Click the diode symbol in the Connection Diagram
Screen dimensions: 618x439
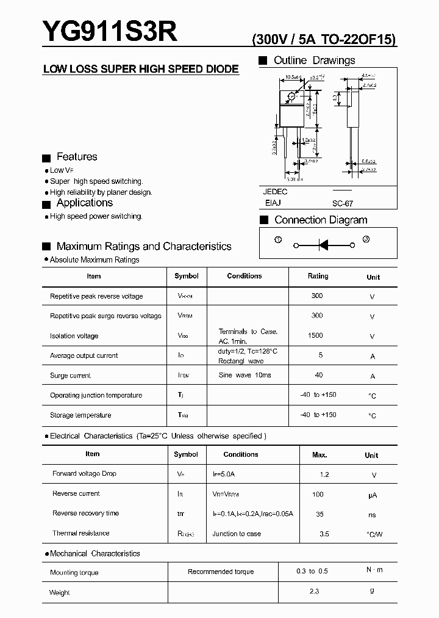click(x=324, y=245)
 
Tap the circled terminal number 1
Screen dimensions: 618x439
click(x=278, y=240)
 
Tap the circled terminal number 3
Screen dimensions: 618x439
click(x=366, y=239)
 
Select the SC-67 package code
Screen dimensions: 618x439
click(x=343, y=203)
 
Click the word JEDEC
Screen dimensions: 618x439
click(x=275, y=191)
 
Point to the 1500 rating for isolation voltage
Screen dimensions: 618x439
click(x=316, y=335)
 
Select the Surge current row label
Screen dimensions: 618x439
click(x=70, y=376)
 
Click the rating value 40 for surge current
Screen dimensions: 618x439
click(x=318, y=375)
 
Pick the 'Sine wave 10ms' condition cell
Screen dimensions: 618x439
click(x=244, y=375)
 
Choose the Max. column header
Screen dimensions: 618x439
click(x=319, y=454)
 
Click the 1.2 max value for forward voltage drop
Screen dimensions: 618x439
click(x=324, y=474)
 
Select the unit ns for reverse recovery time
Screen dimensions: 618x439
click(x=372, y=515)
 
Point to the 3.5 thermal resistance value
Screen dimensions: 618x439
click(x=324, y=534)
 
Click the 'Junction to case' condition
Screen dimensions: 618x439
click(x=237, y=534)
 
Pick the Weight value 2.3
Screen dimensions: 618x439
click(x=314, y=591)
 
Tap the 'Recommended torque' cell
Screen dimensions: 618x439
click(x=221, y=572)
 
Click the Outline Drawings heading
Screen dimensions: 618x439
click(x=314, y=60)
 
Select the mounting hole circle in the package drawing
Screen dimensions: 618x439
click(x=292, y=96)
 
